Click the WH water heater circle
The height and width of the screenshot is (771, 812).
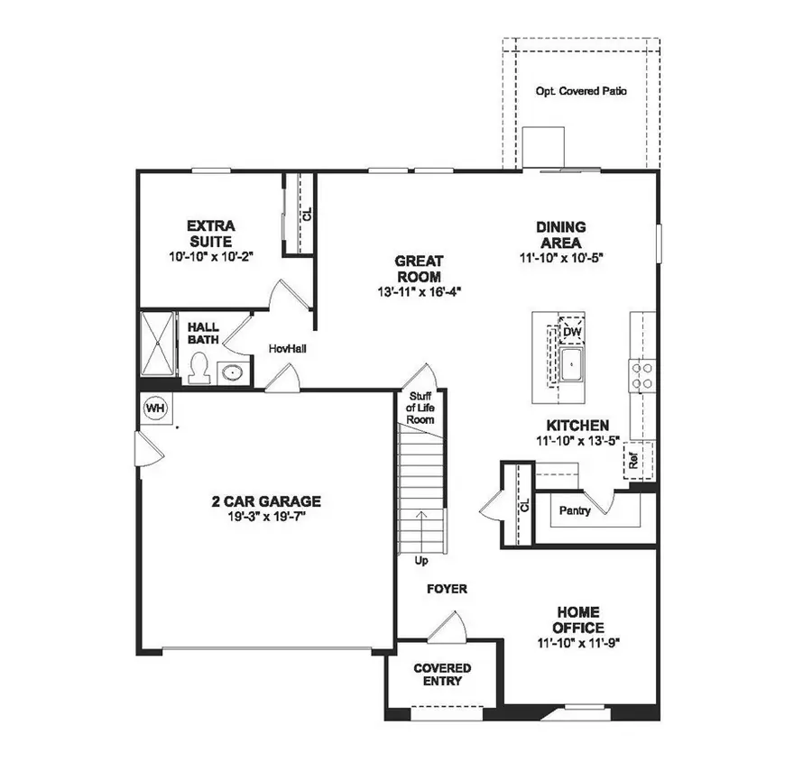pyautogui.click(x=155, y=408)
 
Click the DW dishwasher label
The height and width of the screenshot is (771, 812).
pyautogui.click(x=570, y=333)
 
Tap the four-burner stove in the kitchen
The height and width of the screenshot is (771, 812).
pyautogui.click(x=641, y=374)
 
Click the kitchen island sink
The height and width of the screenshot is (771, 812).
pyautogui.click(x=572, y=365)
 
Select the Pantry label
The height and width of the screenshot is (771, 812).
pyautogui.click(x=574, y=511)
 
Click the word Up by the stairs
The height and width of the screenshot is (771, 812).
pyautogui.click(x=420, y=560)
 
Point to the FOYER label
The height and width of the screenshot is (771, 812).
pyautogui.click(x=447, y=589)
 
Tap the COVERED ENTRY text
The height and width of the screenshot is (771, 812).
pyautogui.click(x=442, y=675)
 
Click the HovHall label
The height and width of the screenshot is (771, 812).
pyautogui.click(x=287, y=348)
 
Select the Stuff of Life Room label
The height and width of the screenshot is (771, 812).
pyautogui.click(x=420, y=408)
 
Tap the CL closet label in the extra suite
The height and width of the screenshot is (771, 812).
pyautogui.click(x=306, y=215)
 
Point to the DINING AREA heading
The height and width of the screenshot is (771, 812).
pyautogui.click(x=561, y=234)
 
